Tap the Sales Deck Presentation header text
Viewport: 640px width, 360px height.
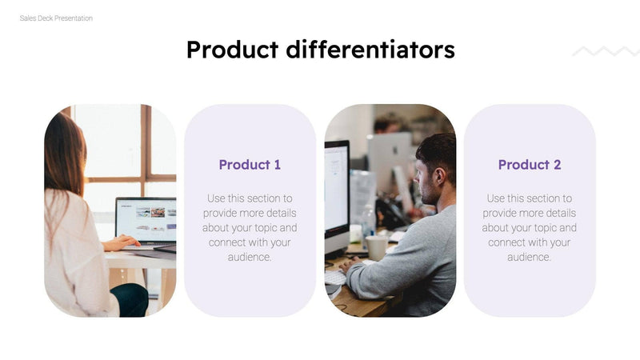tap(56, 18)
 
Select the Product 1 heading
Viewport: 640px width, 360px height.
tap(250, 165)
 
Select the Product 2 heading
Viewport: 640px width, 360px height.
tap(530, 165)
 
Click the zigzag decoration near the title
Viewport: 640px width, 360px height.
tap(606, 52)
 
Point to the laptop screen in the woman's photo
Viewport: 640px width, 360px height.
tap(146, 218)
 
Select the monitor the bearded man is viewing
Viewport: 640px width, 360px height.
tap(336, 192)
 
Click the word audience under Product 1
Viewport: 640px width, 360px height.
tap(249, 257)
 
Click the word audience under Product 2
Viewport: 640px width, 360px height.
tap(528, 257)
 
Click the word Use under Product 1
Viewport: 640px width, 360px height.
tap(217, 198)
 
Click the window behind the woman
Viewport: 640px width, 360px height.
tap(112, 144)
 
